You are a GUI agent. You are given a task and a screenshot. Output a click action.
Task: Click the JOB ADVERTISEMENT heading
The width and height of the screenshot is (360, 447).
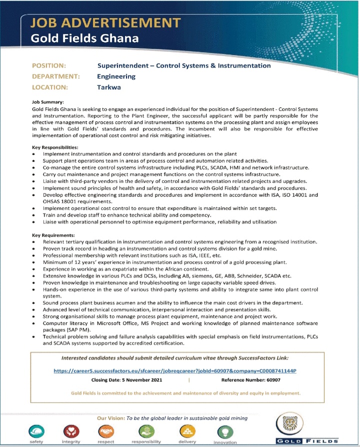(x=105, y=23)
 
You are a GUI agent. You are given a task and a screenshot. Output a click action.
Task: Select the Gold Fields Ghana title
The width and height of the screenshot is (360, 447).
(x=84, y=38)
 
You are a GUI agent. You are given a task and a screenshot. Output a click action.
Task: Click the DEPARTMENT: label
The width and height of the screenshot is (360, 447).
(x=56, y=76)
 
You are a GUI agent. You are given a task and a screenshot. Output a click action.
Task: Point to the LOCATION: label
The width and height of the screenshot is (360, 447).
(x=50, y=87)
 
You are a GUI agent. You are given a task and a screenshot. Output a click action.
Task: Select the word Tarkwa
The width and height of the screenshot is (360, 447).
(x=109, y=87)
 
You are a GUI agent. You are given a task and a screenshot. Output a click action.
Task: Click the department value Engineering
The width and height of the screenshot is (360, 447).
(x=116, y=76)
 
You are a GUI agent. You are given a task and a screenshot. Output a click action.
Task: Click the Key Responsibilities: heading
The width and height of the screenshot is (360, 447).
(x=55, y=147)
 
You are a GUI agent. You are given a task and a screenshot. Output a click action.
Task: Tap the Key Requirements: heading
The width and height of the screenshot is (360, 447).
(x=53, y=234)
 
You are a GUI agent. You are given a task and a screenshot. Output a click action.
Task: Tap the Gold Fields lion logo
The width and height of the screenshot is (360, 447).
(x=309, y=425)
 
